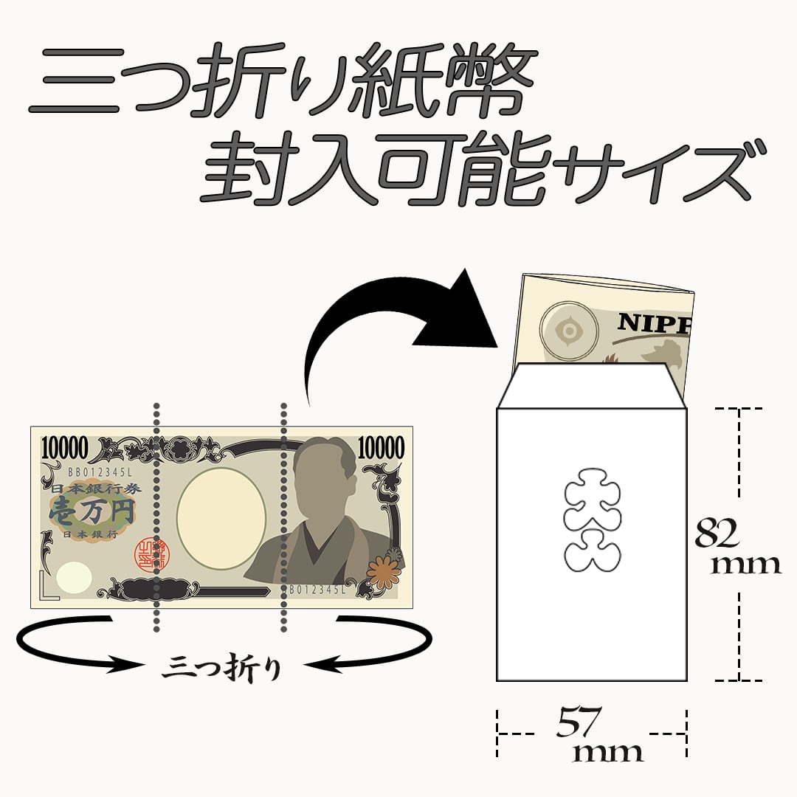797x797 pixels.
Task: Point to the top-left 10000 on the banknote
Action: [66, 447]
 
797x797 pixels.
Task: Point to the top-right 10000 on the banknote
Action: [381, 447]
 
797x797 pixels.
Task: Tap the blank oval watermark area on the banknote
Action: [221, 521]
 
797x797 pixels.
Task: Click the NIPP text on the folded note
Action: [653, 322]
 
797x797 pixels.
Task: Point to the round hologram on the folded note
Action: [569, 332]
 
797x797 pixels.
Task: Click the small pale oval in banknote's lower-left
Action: [75, 574]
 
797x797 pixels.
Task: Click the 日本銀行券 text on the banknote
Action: [77, 490]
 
